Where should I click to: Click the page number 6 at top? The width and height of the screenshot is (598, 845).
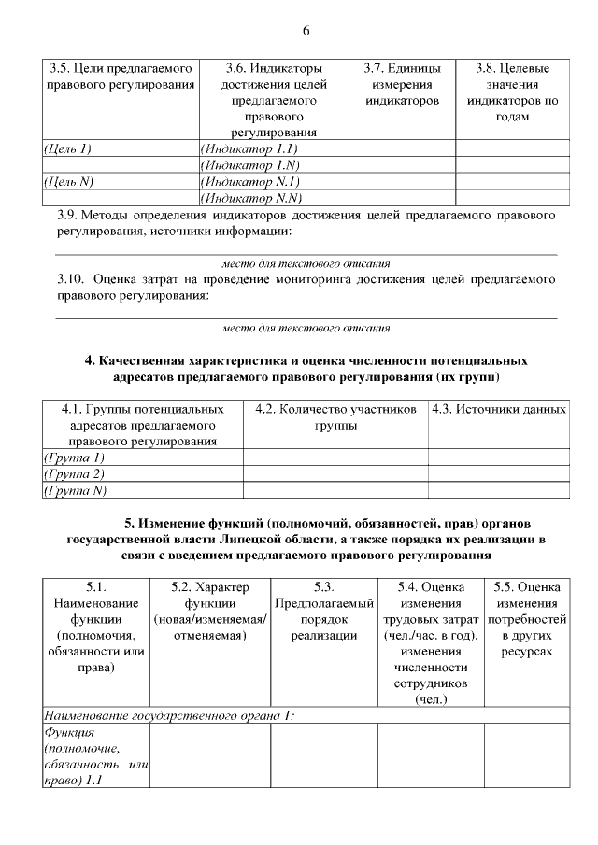(x=306, y=31)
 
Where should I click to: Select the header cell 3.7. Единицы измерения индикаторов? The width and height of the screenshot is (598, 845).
(x=402, y=84)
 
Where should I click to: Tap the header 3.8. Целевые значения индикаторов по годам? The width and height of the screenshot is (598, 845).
(x=512, y=92)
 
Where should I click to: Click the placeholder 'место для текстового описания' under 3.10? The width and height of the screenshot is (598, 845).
(x=306, y=328)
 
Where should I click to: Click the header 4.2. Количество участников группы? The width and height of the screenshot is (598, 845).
(x=334, y=416)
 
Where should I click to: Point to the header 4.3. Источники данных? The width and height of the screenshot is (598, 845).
(x=498, y=409)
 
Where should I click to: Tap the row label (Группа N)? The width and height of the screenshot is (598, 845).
(x=75, y=490)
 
